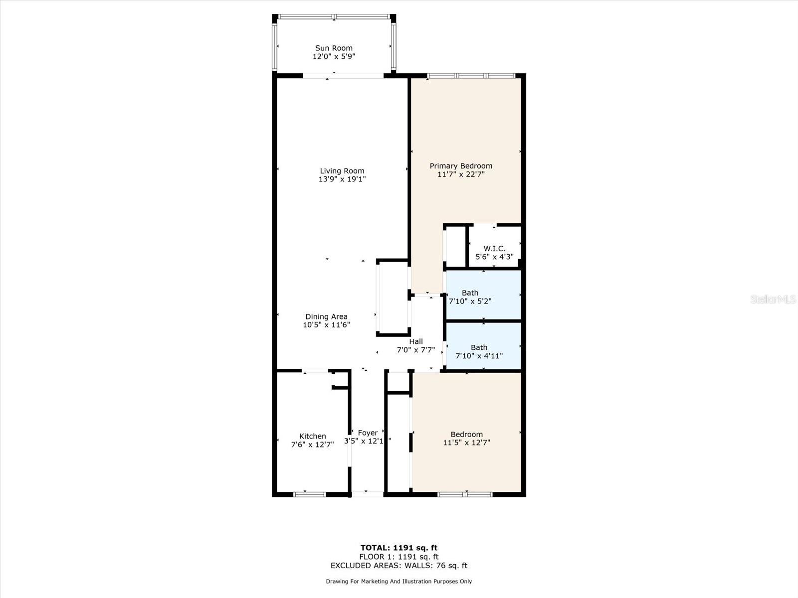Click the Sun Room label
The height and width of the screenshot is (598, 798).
point(334,48)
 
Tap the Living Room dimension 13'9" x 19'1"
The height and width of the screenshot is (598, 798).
point(342,179)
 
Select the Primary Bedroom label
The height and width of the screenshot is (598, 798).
point(461,166)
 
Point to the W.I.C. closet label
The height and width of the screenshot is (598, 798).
point(494,249)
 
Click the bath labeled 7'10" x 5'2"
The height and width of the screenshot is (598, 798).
point(470,297)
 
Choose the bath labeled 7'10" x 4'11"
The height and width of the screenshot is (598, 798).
point(479,351)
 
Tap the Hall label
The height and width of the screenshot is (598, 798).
point(416,342)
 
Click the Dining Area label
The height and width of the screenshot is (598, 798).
point(327,316)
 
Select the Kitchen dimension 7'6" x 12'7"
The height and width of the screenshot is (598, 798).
point(313,445)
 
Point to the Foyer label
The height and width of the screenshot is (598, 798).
point(368,433)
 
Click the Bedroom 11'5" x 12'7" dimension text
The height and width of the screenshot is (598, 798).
point(467,443)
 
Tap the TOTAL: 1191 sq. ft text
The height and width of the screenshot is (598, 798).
point(399,548)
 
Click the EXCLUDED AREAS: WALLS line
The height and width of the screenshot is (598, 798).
point(399,566)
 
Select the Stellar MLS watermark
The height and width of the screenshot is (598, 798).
point(773,299)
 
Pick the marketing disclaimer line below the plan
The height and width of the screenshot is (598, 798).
point(399,581)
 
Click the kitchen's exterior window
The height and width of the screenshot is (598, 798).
point(310,494)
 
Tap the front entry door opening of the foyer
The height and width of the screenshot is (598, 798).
point(368,494)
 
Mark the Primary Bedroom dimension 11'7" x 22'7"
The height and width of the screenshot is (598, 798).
point(461,174)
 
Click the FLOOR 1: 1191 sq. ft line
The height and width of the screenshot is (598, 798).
point(399,557)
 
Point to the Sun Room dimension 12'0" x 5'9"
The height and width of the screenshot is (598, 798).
point(334,57)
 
